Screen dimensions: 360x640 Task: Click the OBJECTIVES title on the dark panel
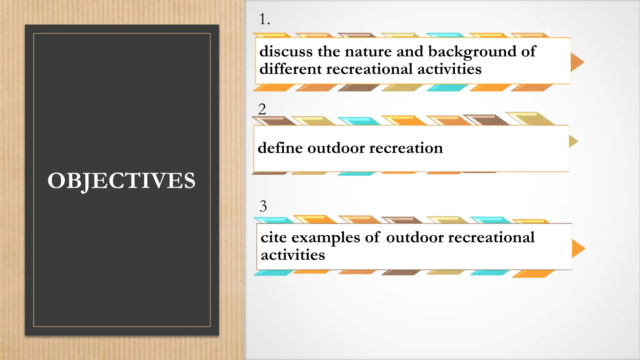121,181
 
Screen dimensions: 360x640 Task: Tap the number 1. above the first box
264,19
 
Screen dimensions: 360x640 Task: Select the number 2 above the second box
262,109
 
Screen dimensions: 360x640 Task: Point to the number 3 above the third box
263,206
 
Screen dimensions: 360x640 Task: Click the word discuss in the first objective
286,52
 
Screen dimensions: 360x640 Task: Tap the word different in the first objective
290,69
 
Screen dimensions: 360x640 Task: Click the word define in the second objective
280,148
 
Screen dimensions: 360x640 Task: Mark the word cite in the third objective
273,237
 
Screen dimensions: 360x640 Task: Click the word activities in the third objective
293,255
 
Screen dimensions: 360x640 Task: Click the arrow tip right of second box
573,141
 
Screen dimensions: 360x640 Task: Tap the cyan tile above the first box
445,35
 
